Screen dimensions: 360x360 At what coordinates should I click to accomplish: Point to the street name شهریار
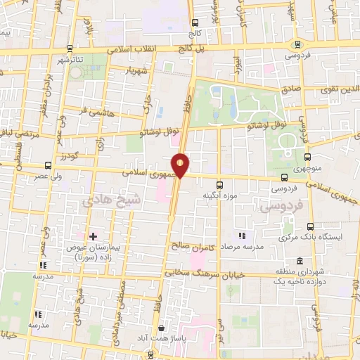(x=138, y=72)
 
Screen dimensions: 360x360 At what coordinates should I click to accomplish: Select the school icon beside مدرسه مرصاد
(x=243, y=236)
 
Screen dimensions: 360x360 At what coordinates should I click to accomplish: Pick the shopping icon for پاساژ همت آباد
(x=162, y=328)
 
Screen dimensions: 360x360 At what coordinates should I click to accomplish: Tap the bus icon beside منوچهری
(x=308, y=157)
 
